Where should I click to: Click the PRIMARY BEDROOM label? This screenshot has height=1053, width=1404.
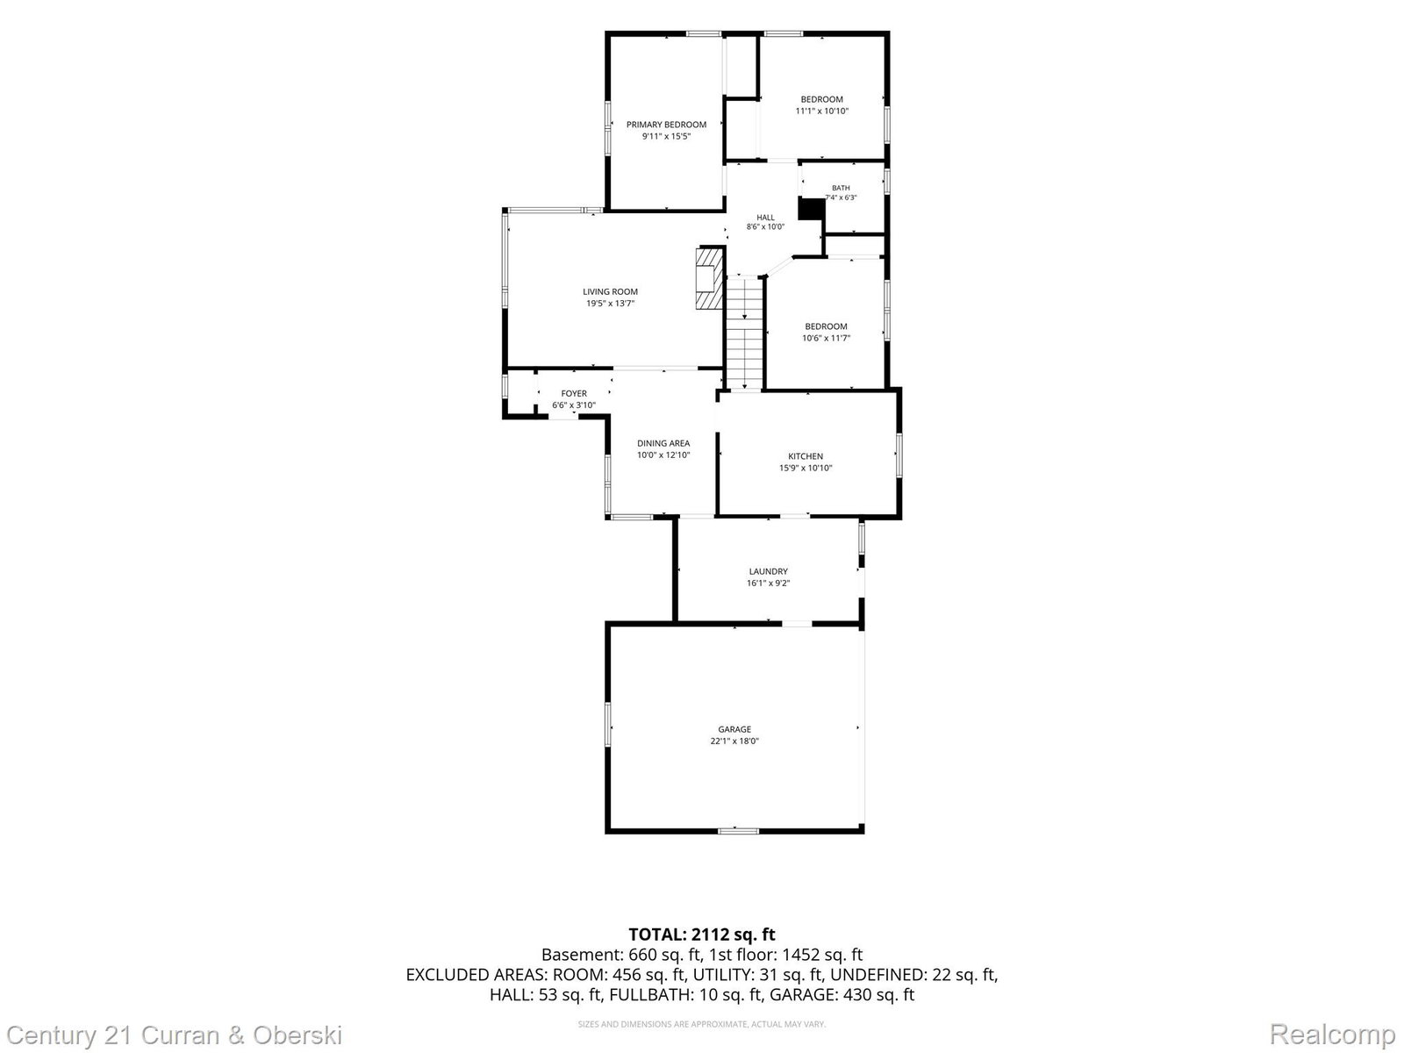(666, 125)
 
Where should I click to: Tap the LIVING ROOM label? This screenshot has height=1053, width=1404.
(610, 291)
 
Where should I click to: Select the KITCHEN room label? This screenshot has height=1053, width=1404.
(806, 455)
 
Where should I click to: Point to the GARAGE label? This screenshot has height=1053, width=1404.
(734, 729)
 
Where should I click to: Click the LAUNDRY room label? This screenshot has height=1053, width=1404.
(768, 571)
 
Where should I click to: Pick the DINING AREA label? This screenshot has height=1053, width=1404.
(663, 443)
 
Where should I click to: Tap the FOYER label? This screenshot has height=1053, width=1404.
(574, 393)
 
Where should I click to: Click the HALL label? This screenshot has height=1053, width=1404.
(765, 218)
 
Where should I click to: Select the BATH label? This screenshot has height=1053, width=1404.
(841, 188)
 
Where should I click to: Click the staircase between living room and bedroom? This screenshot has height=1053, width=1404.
(745, 333)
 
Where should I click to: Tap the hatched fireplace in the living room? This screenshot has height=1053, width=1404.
(709, 278)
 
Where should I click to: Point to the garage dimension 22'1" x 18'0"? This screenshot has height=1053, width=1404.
(734, 741)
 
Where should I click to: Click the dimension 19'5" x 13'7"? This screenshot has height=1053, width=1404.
(610, 304)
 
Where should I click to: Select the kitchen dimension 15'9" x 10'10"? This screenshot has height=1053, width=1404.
(806, 468)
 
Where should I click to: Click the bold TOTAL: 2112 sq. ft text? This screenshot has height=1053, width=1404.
(702, 935)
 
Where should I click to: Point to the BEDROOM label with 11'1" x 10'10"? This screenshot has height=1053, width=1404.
(822, 99)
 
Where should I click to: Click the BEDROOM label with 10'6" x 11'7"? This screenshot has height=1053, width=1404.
(826, 326)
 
